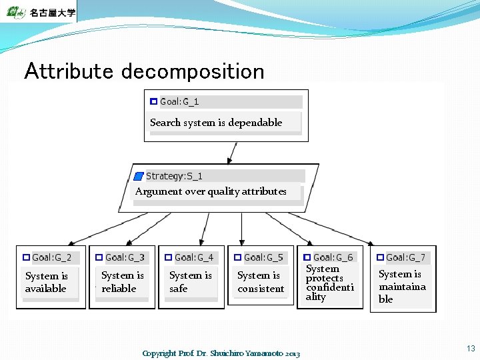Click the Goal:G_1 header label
point(179,102)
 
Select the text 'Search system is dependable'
point(216,123)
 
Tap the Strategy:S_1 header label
point(174,177)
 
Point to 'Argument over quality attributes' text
point(211,191)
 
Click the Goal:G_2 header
point(51,257)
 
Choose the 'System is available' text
point(46,282)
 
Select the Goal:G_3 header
point(125,257)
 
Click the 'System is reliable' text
point(122,282)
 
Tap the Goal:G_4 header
point(194,257)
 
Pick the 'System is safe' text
point(190,282)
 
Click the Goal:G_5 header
point(263,257)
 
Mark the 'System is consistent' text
point(261,282)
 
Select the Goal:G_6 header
point(333,257)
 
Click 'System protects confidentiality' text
point(329,283)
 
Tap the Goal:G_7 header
point(405,257)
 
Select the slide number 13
point(471,349)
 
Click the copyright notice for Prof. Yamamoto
point(221,353)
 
